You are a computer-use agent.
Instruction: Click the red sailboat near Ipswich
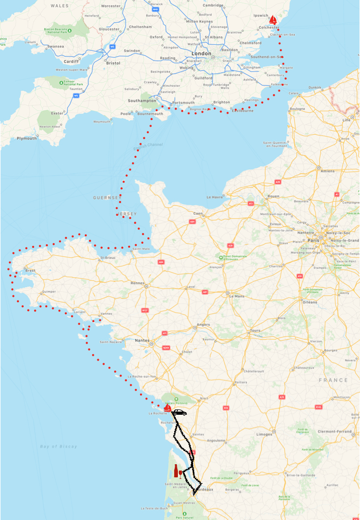coord(273,19)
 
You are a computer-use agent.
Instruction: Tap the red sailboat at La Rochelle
coord(167,407)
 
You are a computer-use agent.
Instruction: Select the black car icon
coord(179,413)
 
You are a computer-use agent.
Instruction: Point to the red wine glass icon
coord(182,473)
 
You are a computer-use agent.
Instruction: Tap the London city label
coord(201,53)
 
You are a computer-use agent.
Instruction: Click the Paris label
coord(314,240)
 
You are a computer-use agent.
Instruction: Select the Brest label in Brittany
coord(31,271)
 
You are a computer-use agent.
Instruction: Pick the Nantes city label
coord(142,341)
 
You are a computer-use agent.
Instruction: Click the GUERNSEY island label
coord(106,198)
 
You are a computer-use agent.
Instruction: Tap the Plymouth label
coord(27,138)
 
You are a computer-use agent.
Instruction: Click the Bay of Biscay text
coord(58,446)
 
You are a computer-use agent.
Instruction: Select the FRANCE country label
coord(333,380)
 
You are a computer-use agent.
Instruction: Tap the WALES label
coord(59,5)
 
